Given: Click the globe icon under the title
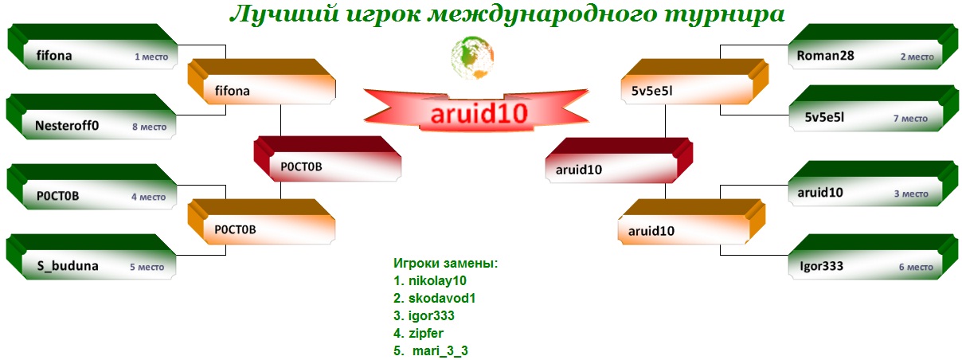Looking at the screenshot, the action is pyautogui.click(x=472, y=57).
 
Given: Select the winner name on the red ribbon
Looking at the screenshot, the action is pyautogui.click(x=479, y=114).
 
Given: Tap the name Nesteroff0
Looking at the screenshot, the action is pyautogui.click(x=67, y=125).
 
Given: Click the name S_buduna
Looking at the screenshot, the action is pyautogui.click(x=68, y=266).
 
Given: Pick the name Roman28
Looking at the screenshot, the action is pyautogui.click(x=826, y=56).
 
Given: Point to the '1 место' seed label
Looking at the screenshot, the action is pyautogui.click(x=151, y=57).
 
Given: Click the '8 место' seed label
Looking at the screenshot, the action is pyautogui.click(x=150, y=127).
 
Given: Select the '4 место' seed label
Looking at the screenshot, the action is pyautogui.click(x=149, y=197).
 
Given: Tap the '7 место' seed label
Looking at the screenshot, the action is pyautogui.click(x=910, y=118).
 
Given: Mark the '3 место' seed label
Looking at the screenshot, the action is pyautogui.click(x=911, y=194).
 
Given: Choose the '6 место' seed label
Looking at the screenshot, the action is pyautogui.click(x=916, y=267).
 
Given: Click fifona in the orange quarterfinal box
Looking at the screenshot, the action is pyautogui.click(x=233, y=91).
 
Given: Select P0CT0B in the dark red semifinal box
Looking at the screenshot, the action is pyautogui.click(x=302, y=166).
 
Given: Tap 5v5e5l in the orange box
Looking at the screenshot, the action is pyautogui.click(x=652, y=91).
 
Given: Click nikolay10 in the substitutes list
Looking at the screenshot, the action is pyautogui.click(x=437, y=280).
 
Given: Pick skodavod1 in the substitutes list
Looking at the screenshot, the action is pyautogui.click(x=442, y=298).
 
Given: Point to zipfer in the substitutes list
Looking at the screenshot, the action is pyautogui.click(x=426, y=334).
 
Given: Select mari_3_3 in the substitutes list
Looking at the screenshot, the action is pyautogui.click(x=440, y=351).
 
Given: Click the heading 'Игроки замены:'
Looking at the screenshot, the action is pyautogui.click(x=446, y=263).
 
